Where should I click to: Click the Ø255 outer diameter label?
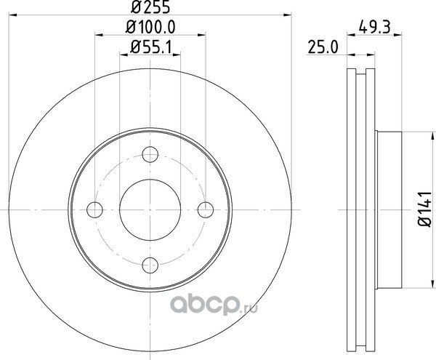click(150, 7)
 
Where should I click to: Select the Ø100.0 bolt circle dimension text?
click(150, 28)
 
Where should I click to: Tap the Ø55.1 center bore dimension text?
click(150, 47)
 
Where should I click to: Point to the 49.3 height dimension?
click(374, 28)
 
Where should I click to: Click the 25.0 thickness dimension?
click(323, 47)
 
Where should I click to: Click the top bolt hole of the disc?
click(150, 154)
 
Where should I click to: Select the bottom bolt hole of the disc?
click(150, 265)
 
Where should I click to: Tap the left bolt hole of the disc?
click(94, 209)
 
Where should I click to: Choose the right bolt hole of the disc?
click(206, 209)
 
